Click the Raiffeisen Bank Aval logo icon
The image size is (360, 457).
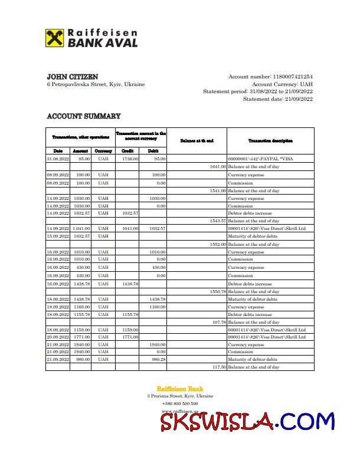click(55, 38)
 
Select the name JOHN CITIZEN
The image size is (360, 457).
click(73, 77)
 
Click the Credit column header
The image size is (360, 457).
click(127, 151)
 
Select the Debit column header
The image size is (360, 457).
click(153, 151)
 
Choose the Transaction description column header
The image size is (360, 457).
click(270, 140)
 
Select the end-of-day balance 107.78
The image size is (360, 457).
click(219, 323)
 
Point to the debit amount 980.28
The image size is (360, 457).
click(158, 360)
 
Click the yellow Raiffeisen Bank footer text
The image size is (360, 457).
click(179, 389)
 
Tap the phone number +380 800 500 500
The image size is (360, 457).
click(180, 404)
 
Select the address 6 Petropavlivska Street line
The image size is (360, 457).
click(96, 84)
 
